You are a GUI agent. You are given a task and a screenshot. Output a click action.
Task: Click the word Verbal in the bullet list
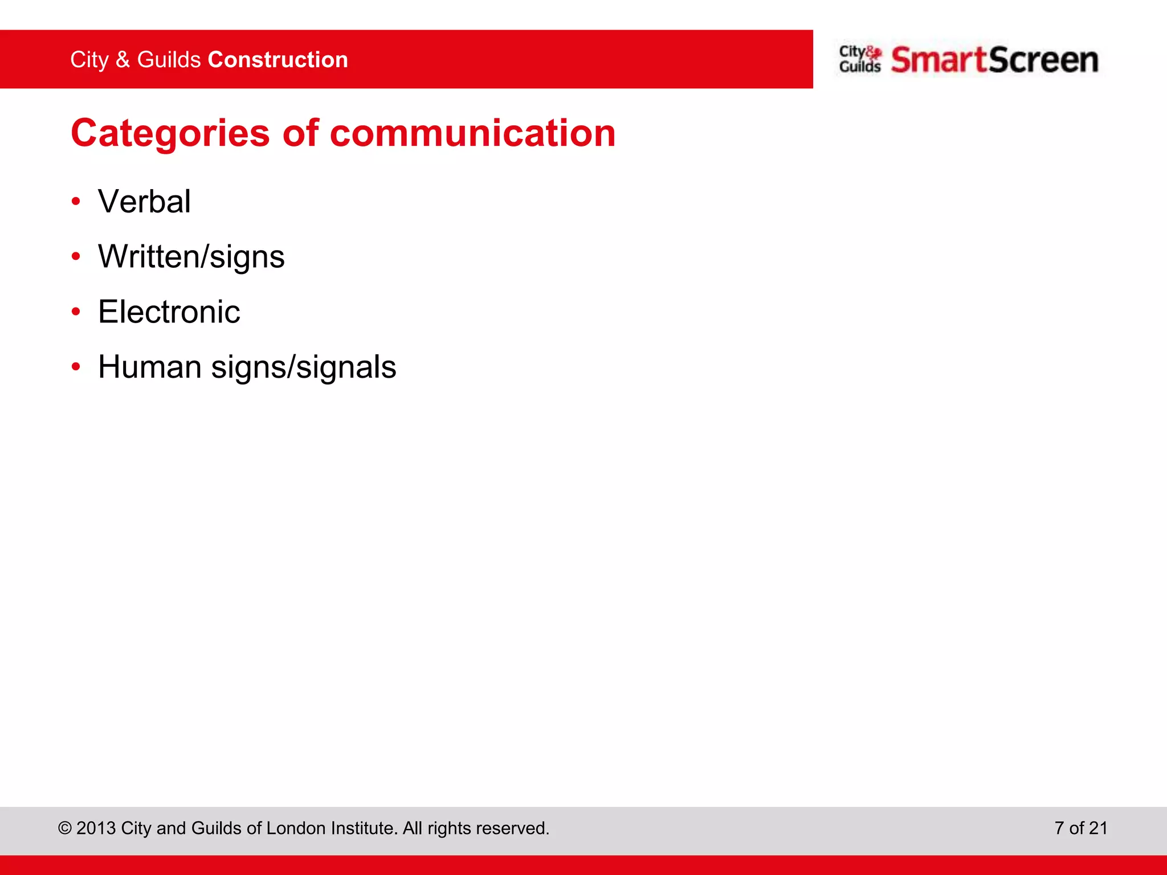(x=144, y=202)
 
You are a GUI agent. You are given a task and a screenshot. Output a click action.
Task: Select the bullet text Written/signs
(x=191, y=257)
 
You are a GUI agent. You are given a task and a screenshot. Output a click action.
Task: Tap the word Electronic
(x=169, y=312)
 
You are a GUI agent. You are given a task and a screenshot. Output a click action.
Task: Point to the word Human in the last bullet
(x=150, y=367)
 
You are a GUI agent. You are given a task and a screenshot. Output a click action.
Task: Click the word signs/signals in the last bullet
(x=304, y=368)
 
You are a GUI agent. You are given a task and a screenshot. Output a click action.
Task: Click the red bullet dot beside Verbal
(x=76, y=202)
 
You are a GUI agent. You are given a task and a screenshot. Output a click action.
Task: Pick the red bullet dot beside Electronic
(x=76, y=312)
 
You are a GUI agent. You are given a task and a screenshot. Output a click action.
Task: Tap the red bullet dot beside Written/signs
(x=76, y=257)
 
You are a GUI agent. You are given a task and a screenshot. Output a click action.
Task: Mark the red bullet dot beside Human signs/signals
(x=76, y=367)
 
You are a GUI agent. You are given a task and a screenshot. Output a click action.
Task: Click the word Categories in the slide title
(x=170, y=134)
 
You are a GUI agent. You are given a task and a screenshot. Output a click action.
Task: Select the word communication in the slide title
(x=472, y=133)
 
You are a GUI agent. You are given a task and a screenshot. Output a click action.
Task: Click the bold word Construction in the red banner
(x=278, y=60)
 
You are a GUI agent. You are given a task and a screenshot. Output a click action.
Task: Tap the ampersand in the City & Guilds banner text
(x=123, y=60)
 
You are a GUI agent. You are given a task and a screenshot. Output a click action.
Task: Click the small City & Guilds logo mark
(x=860, y=59)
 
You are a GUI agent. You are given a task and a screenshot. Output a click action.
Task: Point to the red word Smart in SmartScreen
(x=939, y=60)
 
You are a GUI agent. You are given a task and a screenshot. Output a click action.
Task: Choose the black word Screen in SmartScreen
(x=1043, y=60)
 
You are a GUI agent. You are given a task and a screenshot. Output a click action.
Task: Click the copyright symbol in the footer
(x=64, y=828)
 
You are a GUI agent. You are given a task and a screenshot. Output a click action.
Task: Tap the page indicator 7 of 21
(x=1080, y=828)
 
